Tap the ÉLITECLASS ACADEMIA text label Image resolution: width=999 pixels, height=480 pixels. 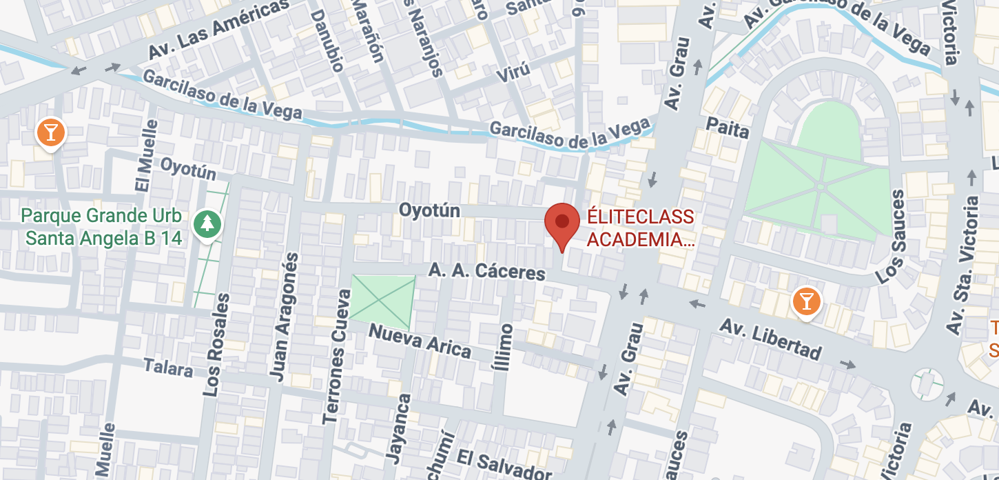640,229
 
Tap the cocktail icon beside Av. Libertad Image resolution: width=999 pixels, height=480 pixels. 805,302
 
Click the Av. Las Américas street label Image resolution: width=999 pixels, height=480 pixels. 217,29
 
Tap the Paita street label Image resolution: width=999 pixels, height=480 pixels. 728,128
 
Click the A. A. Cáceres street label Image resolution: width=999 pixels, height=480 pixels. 486,271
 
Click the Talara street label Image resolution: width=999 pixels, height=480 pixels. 168,368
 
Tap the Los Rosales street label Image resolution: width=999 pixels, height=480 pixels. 216,345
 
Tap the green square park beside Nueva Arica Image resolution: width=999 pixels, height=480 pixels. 382,302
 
